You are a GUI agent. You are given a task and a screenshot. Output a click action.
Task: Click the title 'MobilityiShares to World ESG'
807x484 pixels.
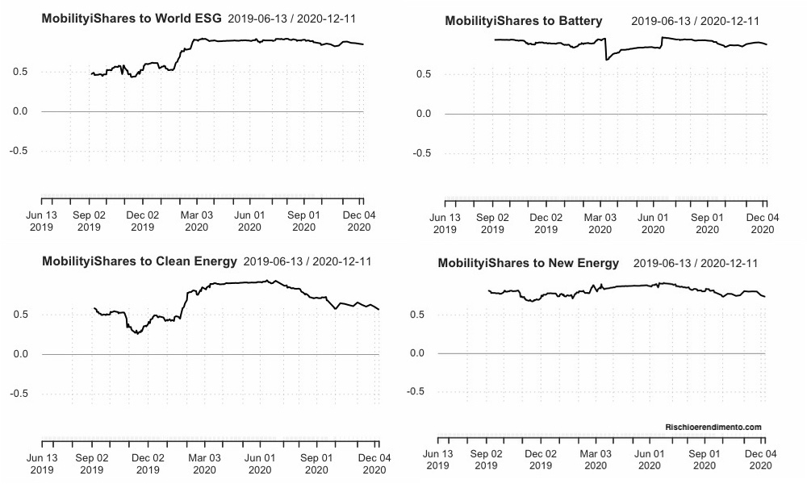coord(132,17)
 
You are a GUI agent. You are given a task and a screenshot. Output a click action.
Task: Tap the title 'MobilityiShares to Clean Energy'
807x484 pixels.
coord(139,261)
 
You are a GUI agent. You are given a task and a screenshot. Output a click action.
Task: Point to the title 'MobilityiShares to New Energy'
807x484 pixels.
coord(529,263)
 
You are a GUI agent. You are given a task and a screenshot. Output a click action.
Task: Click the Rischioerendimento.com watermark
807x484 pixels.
coord(713,427)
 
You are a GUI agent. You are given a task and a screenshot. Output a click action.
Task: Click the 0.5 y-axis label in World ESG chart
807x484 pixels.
coord(22,72)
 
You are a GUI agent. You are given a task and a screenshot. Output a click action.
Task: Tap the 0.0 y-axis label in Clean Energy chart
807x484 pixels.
coord(22,354)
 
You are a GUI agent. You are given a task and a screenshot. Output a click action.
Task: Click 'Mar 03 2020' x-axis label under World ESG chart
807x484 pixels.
coord(196,221)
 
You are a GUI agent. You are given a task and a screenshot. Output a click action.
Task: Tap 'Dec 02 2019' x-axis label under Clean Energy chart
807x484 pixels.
coord(148,464)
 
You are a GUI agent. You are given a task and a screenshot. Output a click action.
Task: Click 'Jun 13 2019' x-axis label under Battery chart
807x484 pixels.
coord(445,223)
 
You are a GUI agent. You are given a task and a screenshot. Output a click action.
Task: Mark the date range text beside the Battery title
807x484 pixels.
coord(695,21)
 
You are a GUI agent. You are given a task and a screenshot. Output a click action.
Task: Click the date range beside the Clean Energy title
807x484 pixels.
coord(307,261)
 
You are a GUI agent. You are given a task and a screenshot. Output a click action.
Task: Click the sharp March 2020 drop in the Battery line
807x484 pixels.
coord(607,59)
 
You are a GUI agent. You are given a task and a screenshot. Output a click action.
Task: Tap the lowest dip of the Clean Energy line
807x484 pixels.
coord(138,333)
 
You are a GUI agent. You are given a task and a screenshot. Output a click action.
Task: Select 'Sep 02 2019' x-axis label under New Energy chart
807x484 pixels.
coord(487,460)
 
